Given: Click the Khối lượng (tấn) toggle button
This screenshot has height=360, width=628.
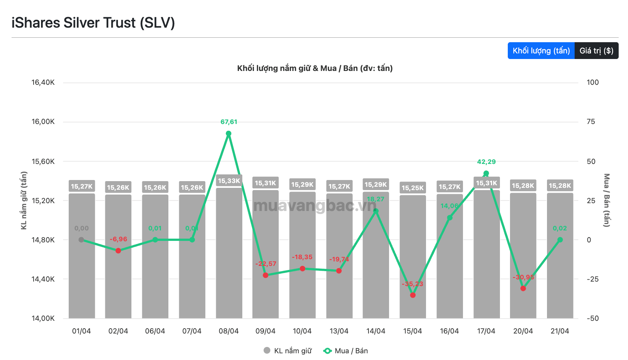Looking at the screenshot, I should (x=541, y=51).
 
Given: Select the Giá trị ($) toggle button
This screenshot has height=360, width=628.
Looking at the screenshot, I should (x=596, y=51).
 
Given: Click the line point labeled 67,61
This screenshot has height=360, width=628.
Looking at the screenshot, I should (x=228, y=133).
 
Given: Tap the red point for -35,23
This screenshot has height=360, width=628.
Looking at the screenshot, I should (x=413, y=295).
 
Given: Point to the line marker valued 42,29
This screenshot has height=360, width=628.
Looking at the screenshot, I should (x=486, y=173).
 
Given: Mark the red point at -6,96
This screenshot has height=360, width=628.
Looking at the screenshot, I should (x=118, y=251).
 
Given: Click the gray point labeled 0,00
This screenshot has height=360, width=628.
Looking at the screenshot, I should (x=81, y=240).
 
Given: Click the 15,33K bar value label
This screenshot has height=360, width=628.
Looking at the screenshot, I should (x=229, y=181).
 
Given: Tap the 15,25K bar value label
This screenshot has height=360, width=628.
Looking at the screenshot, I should (x=413, y=188).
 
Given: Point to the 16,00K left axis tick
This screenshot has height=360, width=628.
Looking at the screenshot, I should (x=43, y=122).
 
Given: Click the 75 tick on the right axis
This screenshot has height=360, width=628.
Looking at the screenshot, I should (x=591, y=122).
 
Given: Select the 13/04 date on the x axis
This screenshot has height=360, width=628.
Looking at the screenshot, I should (x=339, y=331).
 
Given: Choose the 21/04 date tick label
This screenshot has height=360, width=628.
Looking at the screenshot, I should (x=560, y=331).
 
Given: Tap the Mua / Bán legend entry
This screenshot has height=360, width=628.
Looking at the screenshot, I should (x=346, y=351).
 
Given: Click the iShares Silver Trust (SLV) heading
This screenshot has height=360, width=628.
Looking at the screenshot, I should (x=93, y=23).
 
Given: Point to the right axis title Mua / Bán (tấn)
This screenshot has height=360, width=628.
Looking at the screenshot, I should (x=607, y=200).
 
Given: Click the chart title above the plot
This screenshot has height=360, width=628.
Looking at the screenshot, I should (x=315, y=68).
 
